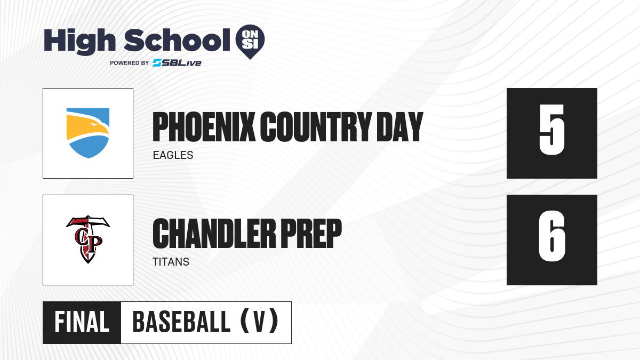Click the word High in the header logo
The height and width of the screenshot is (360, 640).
coord(79,42)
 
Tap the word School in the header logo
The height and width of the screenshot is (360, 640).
coord(177,40)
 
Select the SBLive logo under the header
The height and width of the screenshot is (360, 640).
coord(177,63)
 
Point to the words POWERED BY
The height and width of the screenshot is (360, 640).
coord(130,63)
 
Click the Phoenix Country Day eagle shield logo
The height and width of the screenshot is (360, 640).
coord(88,133)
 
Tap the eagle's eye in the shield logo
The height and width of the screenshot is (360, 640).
coord(93,125)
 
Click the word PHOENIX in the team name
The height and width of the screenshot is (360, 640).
coord(204,127)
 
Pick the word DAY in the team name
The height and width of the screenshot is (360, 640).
coord(399,127)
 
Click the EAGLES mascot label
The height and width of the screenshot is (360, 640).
coord(173,155)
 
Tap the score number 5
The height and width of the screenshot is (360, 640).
coord(551,130)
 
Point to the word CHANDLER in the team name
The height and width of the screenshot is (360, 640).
coord(214,234)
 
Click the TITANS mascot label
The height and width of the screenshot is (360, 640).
coord(171,262)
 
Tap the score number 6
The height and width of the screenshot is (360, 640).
coord(551,236)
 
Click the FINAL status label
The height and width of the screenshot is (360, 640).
coord(82,322)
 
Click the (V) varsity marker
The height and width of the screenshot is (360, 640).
coord(259,322)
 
